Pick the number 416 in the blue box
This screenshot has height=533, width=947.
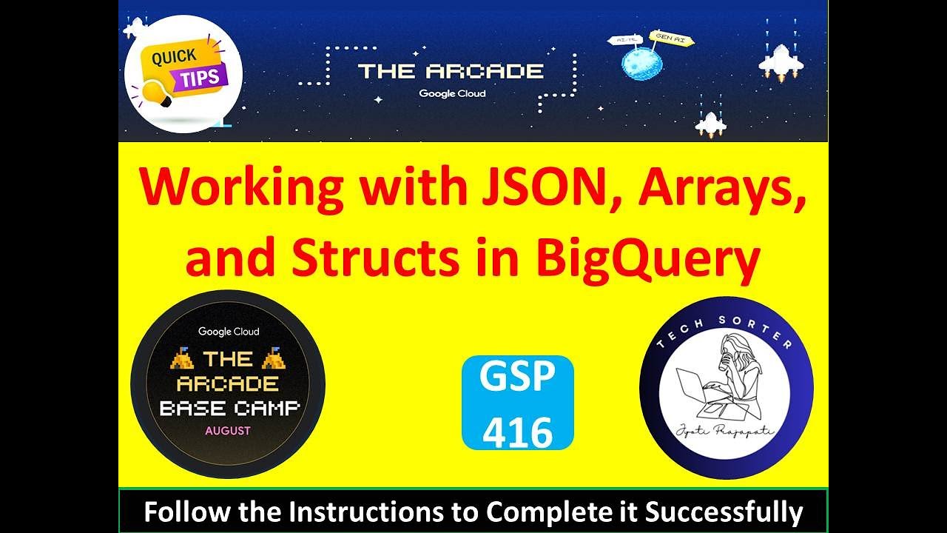click(517, 431)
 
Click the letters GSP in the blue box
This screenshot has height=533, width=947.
click(517, 378)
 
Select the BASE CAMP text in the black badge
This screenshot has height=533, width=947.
click(229, 408)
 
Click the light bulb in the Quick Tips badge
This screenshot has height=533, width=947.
click(158, 94)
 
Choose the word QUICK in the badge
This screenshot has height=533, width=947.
click(175, 57)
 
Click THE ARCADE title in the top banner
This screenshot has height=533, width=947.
click(451, 72)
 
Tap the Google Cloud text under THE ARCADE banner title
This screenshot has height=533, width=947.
click(452, 94)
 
